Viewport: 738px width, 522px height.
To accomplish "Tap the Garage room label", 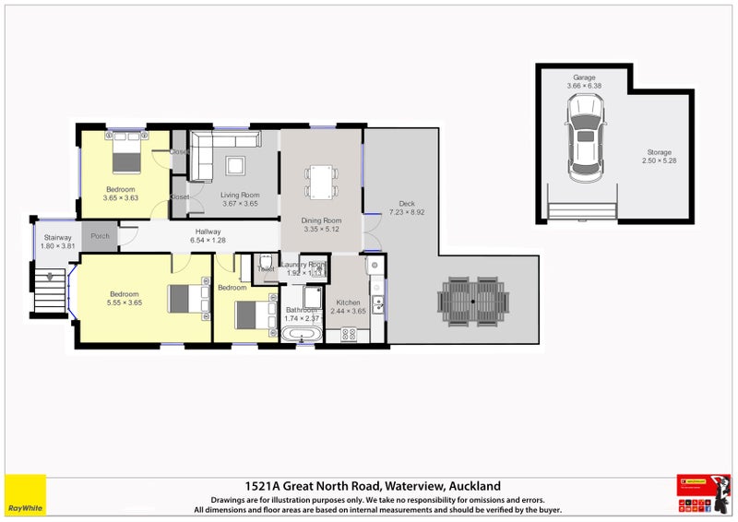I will (x=583, y=77).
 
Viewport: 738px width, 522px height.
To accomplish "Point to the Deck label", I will (x=407, y=204).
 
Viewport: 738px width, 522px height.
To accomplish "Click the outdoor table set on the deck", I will (x=473, y=301).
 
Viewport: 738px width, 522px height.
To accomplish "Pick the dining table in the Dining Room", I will (x=321, y=182).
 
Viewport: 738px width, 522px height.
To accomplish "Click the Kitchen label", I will (x=349, y=303).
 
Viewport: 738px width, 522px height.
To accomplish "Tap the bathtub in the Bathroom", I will (x=301, y=336).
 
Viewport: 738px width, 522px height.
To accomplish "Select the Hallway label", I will (x=208, y=231).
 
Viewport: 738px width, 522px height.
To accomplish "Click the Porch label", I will (x=100, y=236).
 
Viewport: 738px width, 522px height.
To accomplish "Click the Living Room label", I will (x=240, y=195).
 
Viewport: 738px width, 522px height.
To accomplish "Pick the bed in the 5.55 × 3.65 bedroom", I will (x=186, y=300).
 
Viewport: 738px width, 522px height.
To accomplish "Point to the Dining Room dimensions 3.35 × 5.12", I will (x=321, y=230).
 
